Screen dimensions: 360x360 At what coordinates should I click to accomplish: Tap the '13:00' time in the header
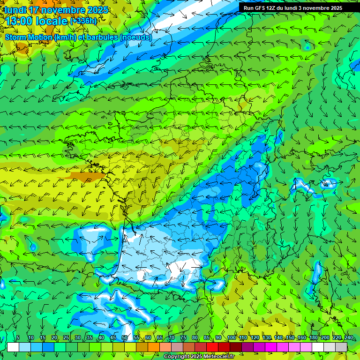point(21,21)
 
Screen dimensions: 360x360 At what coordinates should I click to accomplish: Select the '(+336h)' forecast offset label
point(83,21)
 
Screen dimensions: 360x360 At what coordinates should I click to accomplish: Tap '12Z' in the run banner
point(273,8)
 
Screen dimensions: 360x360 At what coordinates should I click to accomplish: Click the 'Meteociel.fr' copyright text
point(217,357)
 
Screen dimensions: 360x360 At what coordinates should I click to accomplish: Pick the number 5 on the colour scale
point(18,338)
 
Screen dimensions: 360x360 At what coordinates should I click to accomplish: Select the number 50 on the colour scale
point(125,338)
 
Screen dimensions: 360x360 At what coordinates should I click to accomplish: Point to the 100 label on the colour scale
point(231,338)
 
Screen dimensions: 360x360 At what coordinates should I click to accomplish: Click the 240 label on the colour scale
point(349,338)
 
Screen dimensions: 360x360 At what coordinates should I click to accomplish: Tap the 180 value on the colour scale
point(313,338)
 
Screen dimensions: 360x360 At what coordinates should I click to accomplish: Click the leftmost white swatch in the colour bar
point(13,347)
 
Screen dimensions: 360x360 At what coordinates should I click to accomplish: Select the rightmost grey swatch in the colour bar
point(341,347)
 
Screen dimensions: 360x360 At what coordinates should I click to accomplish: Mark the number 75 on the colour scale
point(183,338)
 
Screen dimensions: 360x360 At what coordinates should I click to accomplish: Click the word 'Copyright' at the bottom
point(176,357)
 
